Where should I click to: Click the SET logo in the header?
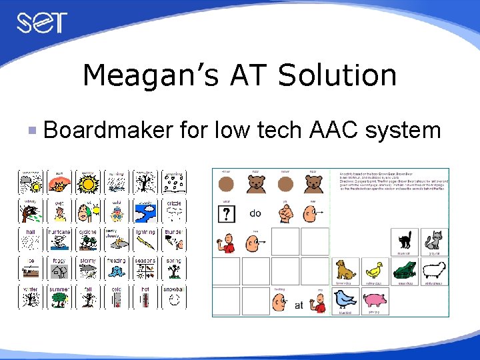[x=42, y=23]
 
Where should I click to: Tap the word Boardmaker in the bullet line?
[x=107, y=129]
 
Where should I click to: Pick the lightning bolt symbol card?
[x=145, y=241]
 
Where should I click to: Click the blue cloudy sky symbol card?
[x=145, y=211]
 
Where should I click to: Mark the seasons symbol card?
[x=145, y=269]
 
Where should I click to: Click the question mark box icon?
[x=226, y=213]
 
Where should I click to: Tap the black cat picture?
[x=403, y=240]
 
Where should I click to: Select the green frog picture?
[x=403, y=270]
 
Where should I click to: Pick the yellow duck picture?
[x=373, y=270]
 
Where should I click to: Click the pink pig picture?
[x=375, y=299]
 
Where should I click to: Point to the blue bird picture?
[x=345, y=300]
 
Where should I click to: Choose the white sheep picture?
[x=433, y=270]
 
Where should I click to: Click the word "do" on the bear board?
[x=255, y=213]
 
